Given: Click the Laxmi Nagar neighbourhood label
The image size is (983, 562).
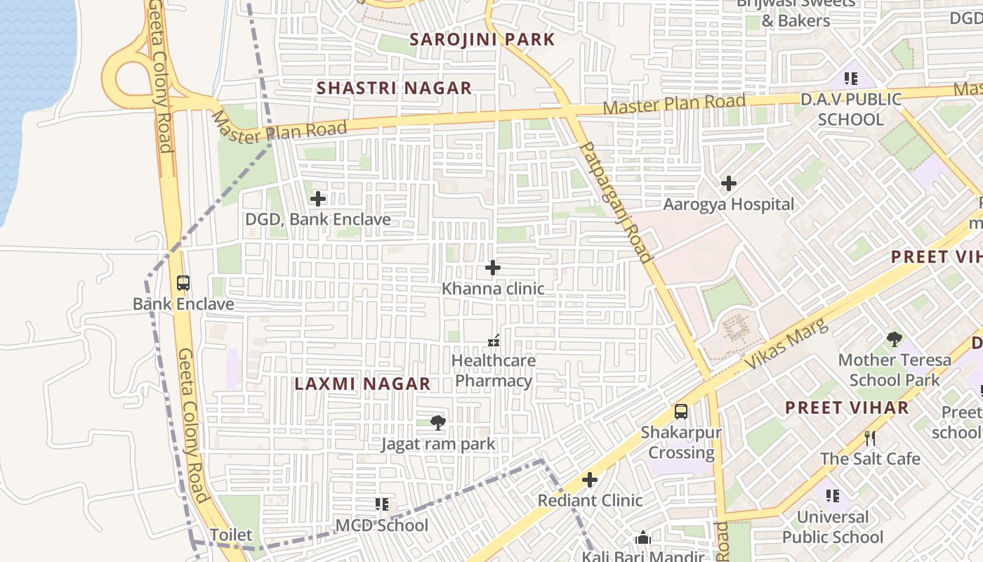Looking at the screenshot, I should click(x=362, y=384).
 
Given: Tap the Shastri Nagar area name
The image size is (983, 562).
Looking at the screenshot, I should click(x=394, y=88).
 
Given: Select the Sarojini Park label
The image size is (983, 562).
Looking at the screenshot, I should click(x=482, y=39).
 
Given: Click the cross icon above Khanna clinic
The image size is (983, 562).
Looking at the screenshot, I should click(x=493, y=268).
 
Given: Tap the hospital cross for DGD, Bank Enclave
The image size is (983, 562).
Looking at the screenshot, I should click(x=318, y=199).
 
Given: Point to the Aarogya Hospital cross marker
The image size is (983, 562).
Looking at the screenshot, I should click(x=729, y=183).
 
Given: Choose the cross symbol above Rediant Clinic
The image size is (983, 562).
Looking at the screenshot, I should click(x=590, y=480).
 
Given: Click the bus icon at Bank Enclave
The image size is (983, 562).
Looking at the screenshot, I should click(x=183, y=283).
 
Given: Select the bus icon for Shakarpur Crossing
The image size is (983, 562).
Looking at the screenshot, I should click(x=681, y=412).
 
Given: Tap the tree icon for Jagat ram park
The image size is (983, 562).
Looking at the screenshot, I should click(x=438, y=422).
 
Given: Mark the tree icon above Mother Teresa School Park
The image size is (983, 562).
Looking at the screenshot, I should click(x=894, y=339).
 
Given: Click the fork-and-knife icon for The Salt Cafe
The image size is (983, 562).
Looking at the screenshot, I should click(x=870, y=438).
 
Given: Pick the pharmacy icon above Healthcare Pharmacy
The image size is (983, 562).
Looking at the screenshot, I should click(x=493, y=341).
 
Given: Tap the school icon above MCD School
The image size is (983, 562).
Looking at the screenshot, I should click(x=381, y=504).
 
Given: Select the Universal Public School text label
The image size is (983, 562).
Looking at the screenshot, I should click(x=833, y=527).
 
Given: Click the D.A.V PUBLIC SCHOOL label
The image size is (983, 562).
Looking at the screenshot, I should click(x=851, y=110).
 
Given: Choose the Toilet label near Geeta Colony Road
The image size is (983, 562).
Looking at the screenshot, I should click(x=231, y=535).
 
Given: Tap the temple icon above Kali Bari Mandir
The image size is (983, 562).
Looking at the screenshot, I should click(x=642, y=539).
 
